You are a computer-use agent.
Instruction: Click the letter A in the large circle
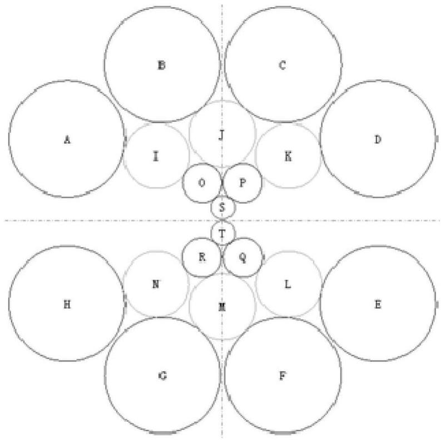(67, 139)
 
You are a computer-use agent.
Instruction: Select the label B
(161, 66)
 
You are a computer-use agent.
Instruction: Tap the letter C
(282, 66)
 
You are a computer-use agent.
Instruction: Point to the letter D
(378, 139)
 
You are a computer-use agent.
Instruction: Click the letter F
(282, 376)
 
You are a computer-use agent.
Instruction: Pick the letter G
(162, 376)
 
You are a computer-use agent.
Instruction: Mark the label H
(67, 304)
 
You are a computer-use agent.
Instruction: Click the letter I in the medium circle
(156, 156)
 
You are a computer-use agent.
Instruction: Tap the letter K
(288, 156)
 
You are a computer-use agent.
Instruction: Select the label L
(288, 284)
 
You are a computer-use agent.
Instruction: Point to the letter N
(156, 284)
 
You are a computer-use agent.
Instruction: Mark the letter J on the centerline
(221, 135)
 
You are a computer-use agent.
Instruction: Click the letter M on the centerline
(221, 307)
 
